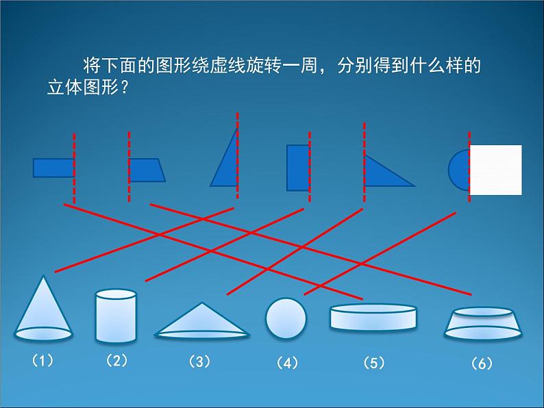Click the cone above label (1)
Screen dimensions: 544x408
pos(44,311)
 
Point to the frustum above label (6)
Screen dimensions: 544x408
pos(482,324)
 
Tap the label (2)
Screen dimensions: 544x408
pos(116,360)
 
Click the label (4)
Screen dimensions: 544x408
pos(286,364)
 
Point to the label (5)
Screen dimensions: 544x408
pos(373,363)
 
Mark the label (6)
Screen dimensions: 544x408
pos(482,364)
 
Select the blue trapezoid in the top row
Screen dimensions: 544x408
pos(146,170)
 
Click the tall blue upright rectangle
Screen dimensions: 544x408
pos(297,167)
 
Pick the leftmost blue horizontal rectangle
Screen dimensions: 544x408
pos(53,168)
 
